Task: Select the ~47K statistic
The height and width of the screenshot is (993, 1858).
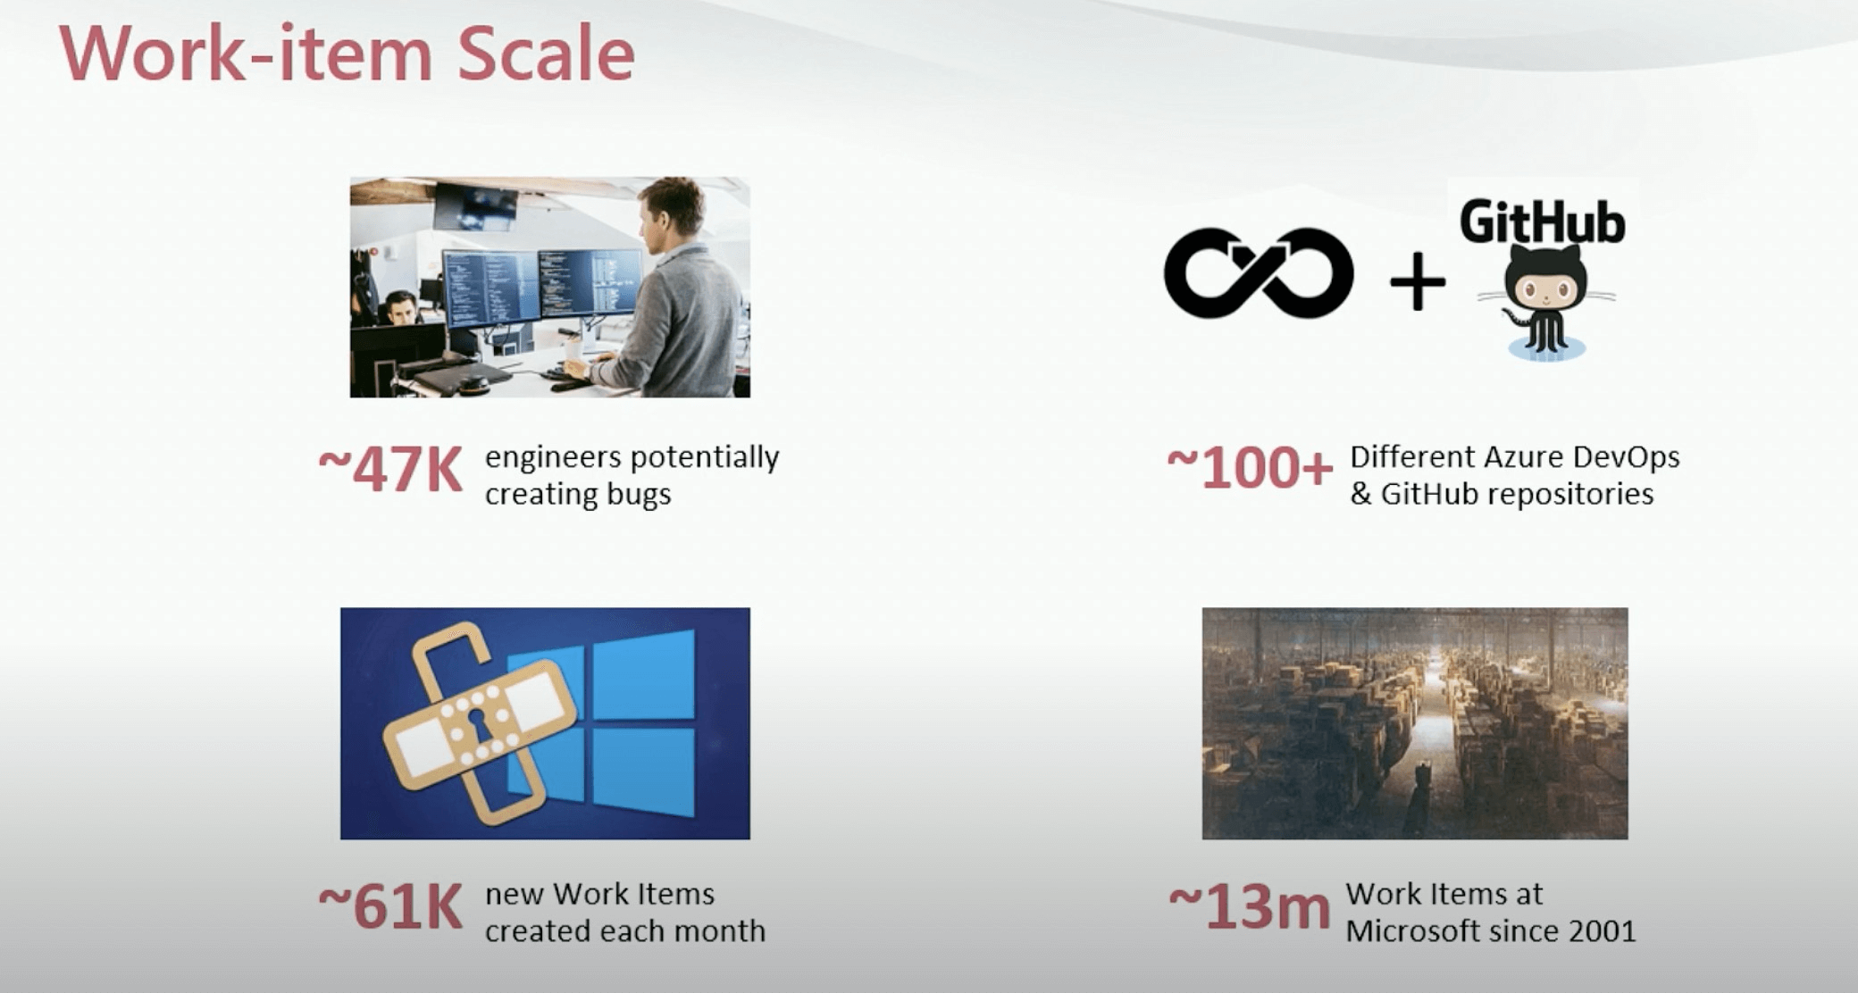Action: (x=390, y=469)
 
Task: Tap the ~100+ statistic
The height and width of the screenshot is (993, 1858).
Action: (x=1250, y=468)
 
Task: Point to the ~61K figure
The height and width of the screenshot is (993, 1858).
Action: (x=390, y=906)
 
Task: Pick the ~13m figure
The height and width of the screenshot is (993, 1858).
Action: (x=1249, y=906)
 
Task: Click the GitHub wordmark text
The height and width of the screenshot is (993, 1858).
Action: (x=1543, y=222)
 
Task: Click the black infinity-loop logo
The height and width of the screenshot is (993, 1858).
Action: (x=1259, y=273)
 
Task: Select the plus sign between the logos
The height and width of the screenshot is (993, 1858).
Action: (x=1418, y=281)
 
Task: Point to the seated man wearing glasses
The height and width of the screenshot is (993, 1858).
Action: (x=401, y=308)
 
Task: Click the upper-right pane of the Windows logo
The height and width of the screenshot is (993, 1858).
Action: (x=643, y=676)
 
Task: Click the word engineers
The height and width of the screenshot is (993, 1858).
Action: (x=553, y=458)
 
